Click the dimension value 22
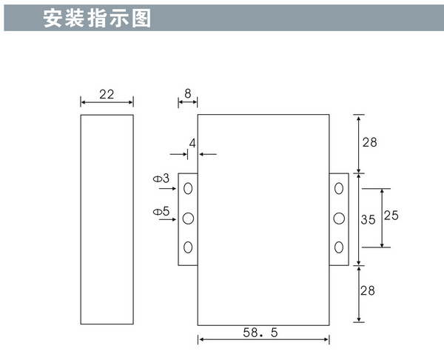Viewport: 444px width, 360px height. point(107,94)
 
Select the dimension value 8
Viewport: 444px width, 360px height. point(187,94)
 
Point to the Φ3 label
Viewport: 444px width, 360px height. point(161,179)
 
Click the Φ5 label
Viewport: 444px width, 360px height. point(161,212)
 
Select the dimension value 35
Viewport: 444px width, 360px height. point(369,219)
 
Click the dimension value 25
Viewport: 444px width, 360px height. point(391,216)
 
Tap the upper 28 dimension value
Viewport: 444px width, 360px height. point(369,143)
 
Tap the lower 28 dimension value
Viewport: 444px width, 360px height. point(369,292)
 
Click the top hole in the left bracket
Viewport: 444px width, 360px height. point(188,190)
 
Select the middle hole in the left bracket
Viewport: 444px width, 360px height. point(188,219)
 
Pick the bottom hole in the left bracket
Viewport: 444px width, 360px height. point(188,247)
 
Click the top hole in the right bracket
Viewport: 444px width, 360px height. point(339,190)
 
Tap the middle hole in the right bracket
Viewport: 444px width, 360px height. point(339,219)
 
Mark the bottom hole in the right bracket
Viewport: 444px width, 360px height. point(339,247)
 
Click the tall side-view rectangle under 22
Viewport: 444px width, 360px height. point(107,220)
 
